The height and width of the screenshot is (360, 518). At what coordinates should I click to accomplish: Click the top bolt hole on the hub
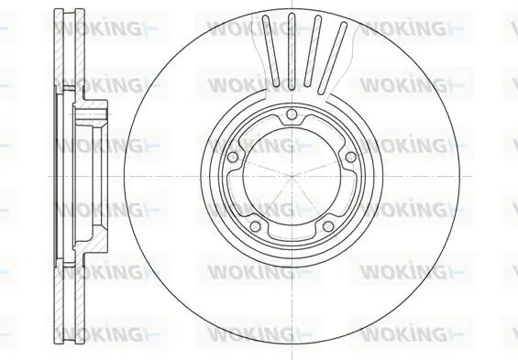(x=292, y=115)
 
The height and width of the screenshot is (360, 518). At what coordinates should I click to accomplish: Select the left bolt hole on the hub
(x=233, y=157)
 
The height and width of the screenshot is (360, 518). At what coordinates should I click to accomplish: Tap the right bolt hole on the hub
(x=350, y=157)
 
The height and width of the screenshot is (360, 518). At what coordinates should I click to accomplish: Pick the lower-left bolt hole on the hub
(x=256, y=226)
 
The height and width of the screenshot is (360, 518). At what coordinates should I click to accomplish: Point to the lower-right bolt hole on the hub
(x=328, y=226)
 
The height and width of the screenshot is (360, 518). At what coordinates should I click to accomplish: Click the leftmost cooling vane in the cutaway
(x=271, y=50)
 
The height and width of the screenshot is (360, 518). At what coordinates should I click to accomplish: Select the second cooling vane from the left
(x=291, y=51)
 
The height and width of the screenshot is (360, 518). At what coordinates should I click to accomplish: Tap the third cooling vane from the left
(x=313, y=51)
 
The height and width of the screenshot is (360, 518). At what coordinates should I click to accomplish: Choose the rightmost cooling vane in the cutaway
(x=332, y=58)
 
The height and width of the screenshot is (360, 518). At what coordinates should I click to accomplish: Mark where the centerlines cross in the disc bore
(x=292, y=176)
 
